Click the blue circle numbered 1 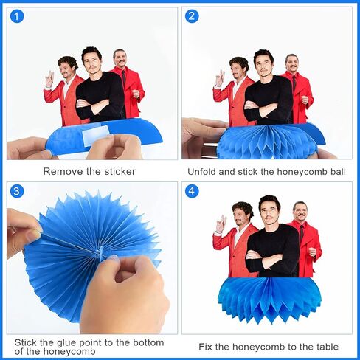pyautogui.click(x=17, y=16)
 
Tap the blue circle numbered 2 pyautogui.click(x=192, y=16)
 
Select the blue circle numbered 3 pyautogui.click(x=17, y=191)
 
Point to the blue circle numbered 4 pyautogui.click(x=192, y=191)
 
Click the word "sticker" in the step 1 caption pyautogui.click(x=120, y=171)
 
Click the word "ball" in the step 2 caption pyautogui.click(x=338, y=172)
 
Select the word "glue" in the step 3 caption pyautogui.click(x=67, y=342)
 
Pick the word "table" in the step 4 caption pyautogui.click(x=328, y=347)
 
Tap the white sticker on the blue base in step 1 pyautogui.click(x=95, y=135)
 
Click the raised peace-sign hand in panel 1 pyautogui.click(x=49, y=79)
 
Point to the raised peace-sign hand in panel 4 pyautogui.click(x=221, y=224)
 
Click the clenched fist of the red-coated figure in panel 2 pyautogui.click(x=305, y=100)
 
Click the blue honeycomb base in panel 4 pyautogui.click(x=269, y=301)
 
